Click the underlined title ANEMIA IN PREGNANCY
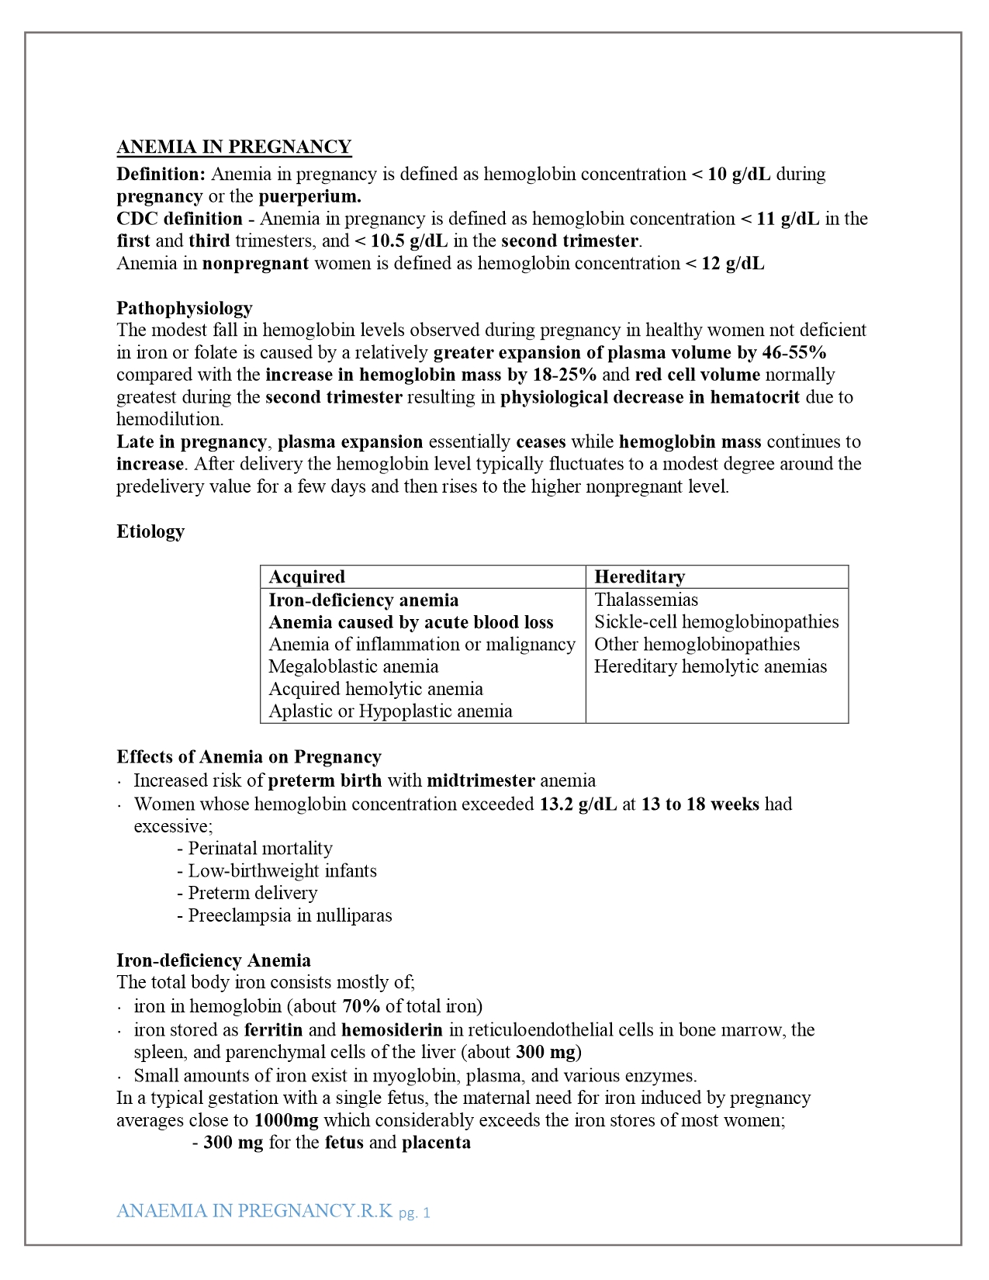pos(233,147)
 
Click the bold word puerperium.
pos(309,196)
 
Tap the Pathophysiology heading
pos(185,308)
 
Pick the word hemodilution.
pos(170,420)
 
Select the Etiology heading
pos(150,531)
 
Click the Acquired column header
pos(306,577)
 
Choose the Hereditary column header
pos(639,577)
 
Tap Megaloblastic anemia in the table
pos(353,667)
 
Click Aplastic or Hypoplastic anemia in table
pos(390,711)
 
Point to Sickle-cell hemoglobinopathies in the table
pos(716,622)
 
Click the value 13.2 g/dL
pos(578,804)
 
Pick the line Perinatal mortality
pos(260,849)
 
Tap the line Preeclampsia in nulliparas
pos(289,915)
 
